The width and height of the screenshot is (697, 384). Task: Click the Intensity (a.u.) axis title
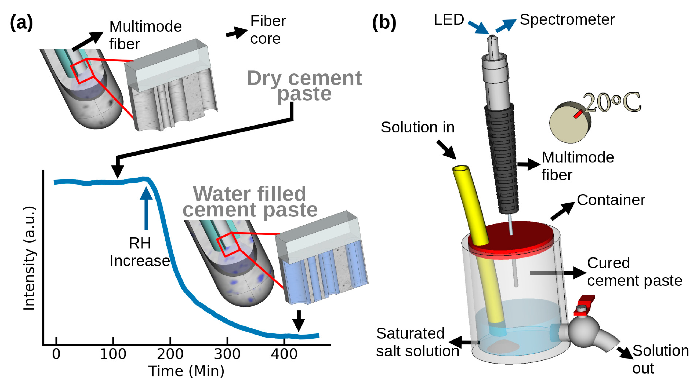pos(29,258)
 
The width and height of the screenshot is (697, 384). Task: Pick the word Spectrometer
pos(567,19)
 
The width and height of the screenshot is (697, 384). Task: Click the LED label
pos(449,19)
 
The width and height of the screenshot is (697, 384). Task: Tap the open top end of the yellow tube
pos(460,169)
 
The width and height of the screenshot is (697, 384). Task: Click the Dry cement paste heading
pos(304,85)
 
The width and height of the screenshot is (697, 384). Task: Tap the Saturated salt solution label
pos(417,342)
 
